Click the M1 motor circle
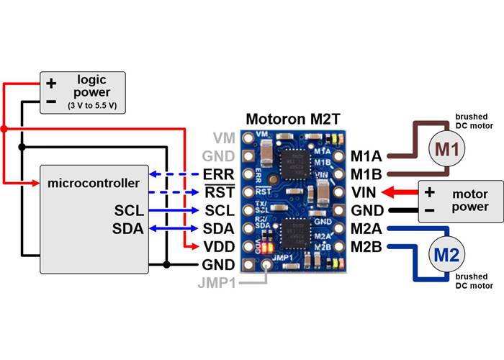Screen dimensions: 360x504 tap(446, 148)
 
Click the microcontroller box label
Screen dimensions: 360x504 tap(93, 184)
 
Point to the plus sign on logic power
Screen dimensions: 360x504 tap(50, 83)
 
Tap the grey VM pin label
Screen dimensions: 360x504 tap(223, 138)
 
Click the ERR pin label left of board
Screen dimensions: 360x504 tap(219, 174)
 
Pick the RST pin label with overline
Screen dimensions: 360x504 tap(219, 192)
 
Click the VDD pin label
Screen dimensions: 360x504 tap(219, 247)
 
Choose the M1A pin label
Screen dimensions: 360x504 tap(366, 156)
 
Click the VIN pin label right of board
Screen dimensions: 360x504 tap(364, 193)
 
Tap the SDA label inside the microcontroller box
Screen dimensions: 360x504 tap(128, 230)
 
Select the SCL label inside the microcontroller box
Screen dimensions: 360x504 tap(128, 211)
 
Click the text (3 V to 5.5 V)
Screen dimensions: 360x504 tap(93, 107)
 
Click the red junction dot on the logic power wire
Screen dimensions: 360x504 tap(4, 130)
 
